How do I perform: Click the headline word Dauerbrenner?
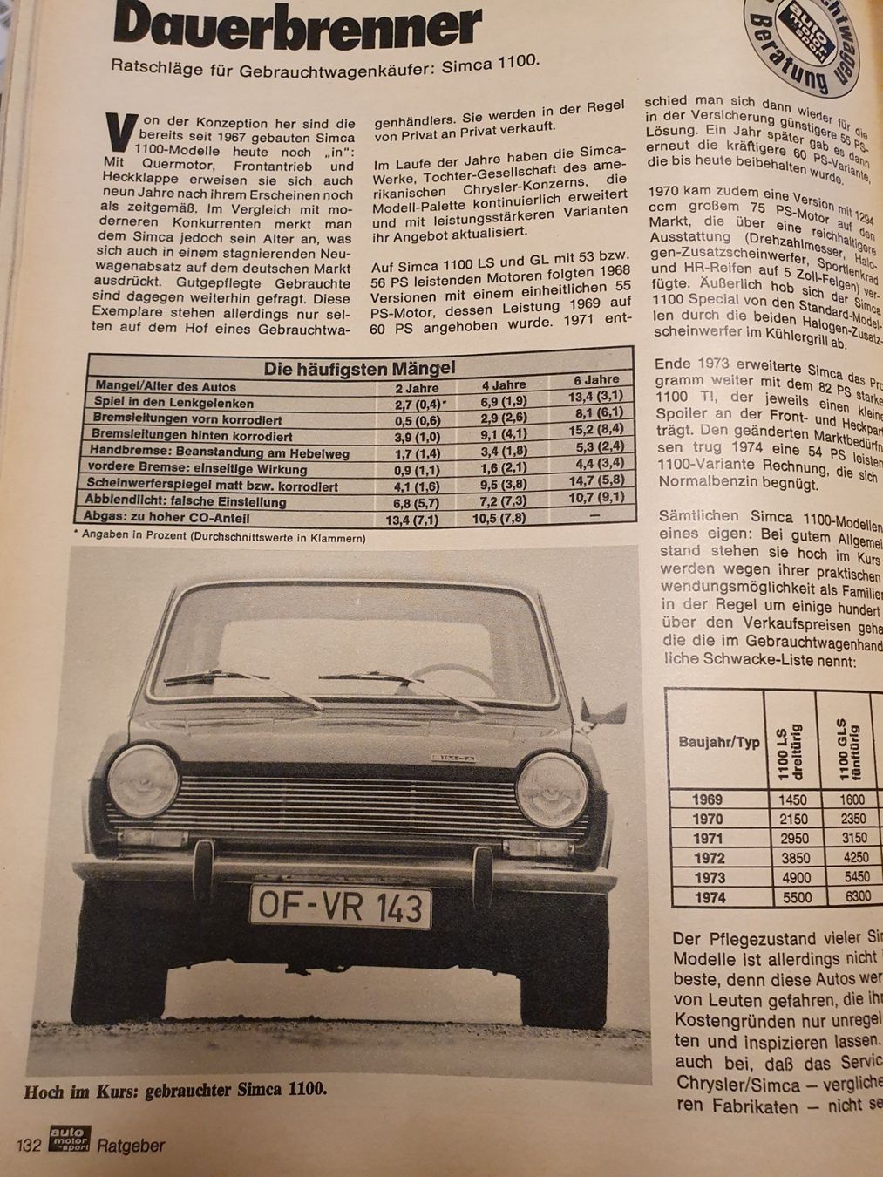coord(296,26)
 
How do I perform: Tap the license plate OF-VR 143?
coord(341,908)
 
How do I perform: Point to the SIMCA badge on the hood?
coord(454,757)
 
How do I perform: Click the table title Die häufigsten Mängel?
coord(359,369)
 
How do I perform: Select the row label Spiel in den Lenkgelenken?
coord(174,403)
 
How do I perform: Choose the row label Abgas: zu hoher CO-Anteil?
coord(166,518)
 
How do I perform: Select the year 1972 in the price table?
coord(708,858)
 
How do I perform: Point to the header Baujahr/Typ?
coord(719,743)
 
